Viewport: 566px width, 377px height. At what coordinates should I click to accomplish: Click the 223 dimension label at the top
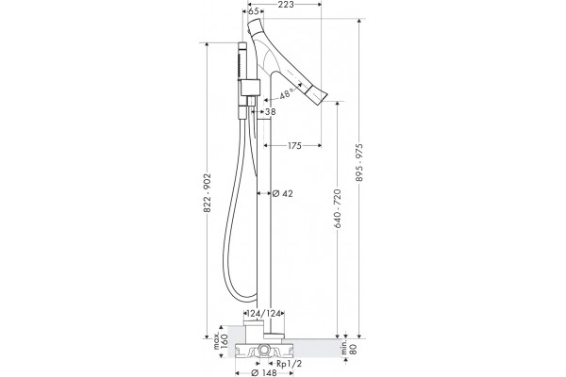286,4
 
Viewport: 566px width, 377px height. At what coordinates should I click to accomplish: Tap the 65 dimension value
254,11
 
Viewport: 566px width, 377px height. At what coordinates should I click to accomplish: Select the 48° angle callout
285,94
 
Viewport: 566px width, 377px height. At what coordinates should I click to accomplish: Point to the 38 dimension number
271,112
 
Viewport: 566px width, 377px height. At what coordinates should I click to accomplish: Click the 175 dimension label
295,145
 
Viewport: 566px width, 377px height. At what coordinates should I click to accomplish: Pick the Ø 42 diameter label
283,194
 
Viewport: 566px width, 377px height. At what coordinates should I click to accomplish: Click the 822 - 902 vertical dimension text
207,193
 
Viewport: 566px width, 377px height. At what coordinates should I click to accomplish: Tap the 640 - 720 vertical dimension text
338,208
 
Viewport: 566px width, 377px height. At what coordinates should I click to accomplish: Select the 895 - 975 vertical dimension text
359,163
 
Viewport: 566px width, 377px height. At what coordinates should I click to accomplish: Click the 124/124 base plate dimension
266,314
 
